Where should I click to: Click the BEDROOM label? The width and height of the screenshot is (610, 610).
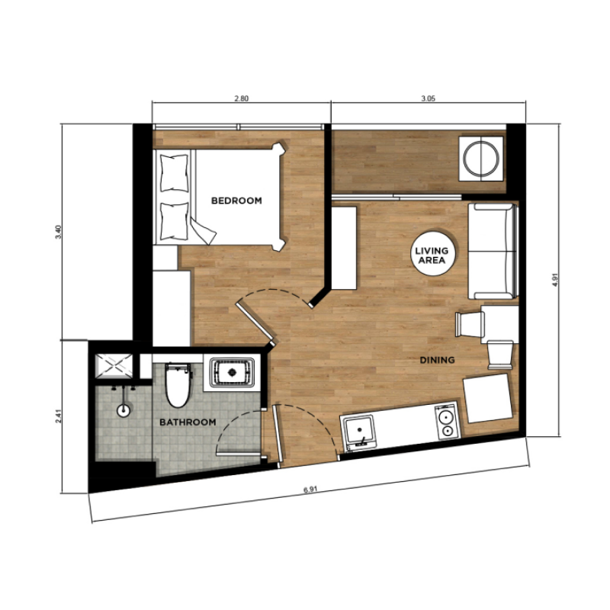(236, 201)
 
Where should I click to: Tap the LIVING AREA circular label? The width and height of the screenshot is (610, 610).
(432, 254)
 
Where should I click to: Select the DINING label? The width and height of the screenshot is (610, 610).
(437, 360)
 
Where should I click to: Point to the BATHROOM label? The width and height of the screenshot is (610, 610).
(188, 422)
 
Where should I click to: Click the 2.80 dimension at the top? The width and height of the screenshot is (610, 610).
(241, 99)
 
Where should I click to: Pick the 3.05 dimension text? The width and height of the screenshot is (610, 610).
(428, 99)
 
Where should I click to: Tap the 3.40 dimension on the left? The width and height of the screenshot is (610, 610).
(59, 232)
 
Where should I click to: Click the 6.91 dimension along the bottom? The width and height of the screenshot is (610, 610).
(310, 490)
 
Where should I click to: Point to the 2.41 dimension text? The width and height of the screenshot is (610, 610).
(59, 416)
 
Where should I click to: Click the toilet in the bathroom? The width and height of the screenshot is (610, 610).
(178, 385)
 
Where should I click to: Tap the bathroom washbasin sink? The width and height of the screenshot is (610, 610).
(233, 372)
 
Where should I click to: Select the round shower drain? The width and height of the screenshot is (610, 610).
(124, 410)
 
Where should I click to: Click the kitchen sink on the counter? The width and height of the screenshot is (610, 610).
(359, 432)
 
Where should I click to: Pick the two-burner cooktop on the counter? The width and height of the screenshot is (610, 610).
(447, 422)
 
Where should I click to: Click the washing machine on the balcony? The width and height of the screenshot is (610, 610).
(482, 159)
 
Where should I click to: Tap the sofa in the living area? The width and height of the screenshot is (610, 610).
(493, 252)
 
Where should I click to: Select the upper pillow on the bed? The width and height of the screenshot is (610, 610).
(175, 173)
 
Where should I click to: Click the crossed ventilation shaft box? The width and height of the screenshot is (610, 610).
(114, 366)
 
